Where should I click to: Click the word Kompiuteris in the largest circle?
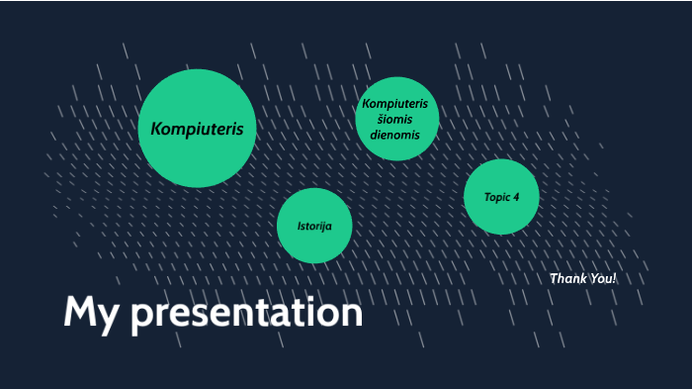point(197,129)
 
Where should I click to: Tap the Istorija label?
point(314,227)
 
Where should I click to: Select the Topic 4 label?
point(501,197)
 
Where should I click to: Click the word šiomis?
point(395,119)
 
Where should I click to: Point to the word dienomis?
point(395,135)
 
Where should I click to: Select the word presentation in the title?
point(246,315)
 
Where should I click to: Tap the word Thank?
point(568,279)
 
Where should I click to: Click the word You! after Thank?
point(603,279)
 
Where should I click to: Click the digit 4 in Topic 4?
point(516,197)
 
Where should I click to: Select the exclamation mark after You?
point(615,279)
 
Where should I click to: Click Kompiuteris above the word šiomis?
point(395,104)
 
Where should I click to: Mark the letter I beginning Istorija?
point(300,227)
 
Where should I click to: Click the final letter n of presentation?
point(352,315)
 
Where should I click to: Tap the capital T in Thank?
point(554,279)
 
